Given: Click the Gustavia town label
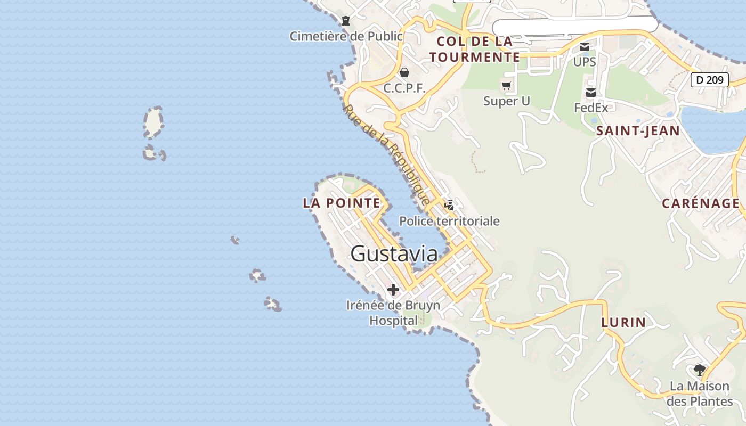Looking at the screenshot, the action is click(x=394, y=253).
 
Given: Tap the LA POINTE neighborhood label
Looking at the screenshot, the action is click(x=342, y=203).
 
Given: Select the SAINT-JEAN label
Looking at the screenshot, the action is click(x=637, y=131).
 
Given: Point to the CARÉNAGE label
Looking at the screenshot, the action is click(x=701, y=203).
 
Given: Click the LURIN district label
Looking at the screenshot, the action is click(x=623, y=322).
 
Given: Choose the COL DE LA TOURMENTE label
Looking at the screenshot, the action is click(x=474, y=49).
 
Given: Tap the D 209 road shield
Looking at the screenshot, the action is click(x=709, y=80).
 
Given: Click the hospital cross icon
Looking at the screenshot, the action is click(x=393, y=290).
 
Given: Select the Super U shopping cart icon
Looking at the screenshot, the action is click(x=506, y=85).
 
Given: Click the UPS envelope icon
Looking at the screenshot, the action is click(x=585, y=47).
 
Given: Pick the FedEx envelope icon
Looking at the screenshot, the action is click(x=591, y=93).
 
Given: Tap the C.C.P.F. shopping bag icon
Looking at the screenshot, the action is click(x=404, y=72).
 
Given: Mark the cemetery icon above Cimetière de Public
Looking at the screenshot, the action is click(x=346, y=21).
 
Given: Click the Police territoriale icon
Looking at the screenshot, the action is click(x=449, y=206).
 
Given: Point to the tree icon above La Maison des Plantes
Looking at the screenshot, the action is click(x=699, y=370).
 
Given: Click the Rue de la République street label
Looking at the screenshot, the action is click(x=386, y=154).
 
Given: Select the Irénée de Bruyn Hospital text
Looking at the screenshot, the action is click(x=393, y=313).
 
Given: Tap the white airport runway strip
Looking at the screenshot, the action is click(x=574, y=25).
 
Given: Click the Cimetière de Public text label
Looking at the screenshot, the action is click(x=346, y=36).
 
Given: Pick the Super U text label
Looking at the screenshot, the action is click(x=506, y=101).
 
